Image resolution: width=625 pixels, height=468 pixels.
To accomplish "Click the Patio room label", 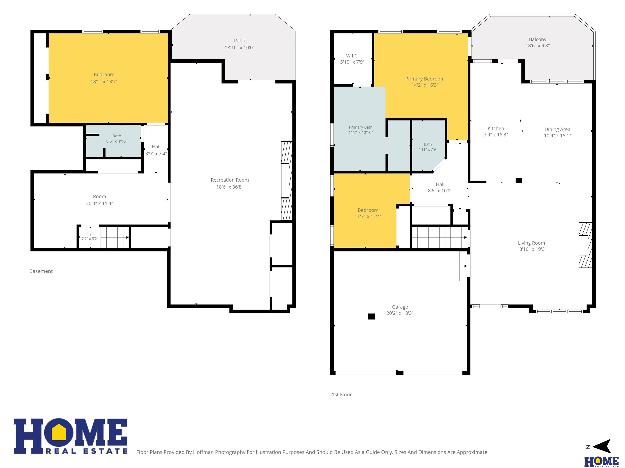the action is coord(239,41).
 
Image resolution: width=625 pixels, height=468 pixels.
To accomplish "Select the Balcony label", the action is coord(537,39).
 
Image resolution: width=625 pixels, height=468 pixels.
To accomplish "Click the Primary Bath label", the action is coord(361,127).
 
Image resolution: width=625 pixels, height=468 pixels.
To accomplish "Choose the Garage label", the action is coord(400,307).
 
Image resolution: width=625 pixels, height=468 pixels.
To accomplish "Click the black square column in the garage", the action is coord(371,316).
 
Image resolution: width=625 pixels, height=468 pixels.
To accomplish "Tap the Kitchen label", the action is coord(496,128).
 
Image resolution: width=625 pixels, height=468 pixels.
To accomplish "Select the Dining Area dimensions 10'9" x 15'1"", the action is coord(557,136).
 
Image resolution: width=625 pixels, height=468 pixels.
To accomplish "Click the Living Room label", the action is coord(531,243).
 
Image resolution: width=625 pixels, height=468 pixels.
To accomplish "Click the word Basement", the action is coord(41,271).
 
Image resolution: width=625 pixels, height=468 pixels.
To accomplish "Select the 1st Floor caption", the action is coord(342,395).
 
